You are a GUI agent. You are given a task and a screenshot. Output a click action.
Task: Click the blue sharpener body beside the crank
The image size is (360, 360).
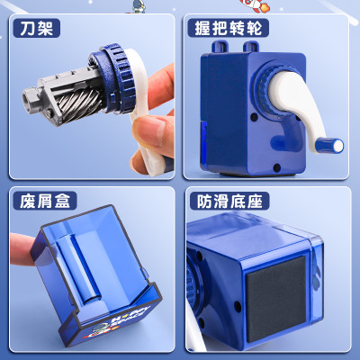click(225, 117)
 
